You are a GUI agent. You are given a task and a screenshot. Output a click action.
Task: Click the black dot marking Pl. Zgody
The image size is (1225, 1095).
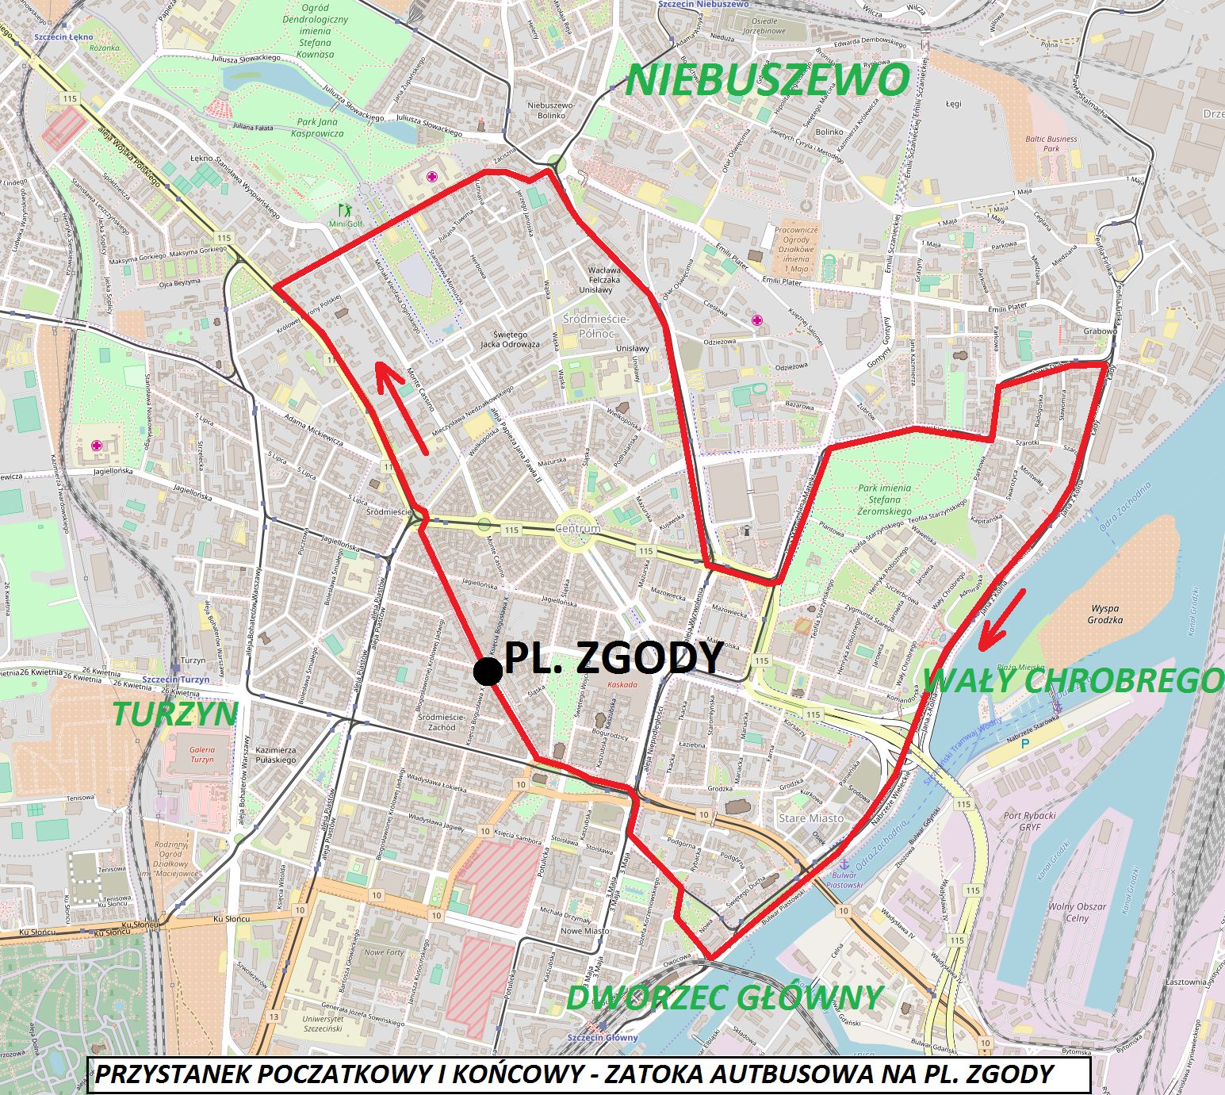coord(488,671)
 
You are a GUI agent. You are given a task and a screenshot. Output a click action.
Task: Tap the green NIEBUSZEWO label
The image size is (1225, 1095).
coord(768,80)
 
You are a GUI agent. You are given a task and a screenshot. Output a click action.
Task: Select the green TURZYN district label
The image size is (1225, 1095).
coord(174,714)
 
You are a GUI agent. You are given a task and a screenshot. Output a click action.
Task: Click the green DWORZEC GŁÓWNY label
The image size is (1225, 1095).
coord(724,997)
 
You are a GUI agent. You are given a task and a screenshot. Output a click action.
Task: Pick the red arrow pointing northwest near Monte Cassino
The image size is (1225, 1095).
coord(402,406)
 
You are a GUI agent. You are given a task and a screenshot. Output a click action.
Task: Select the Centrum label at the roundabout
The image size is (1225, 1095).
coord(578,528)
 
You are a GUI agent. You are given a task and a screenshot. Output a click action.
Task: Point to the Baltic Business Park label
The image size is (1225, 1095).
coord(1051,144)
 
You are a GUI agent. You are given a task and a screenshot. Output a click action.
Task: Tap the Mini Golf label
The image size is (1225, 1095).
coord(344,224)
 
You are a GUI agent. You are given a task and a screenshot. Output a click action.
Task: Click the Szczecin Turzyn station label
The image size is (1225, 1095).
coord(177,680)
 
